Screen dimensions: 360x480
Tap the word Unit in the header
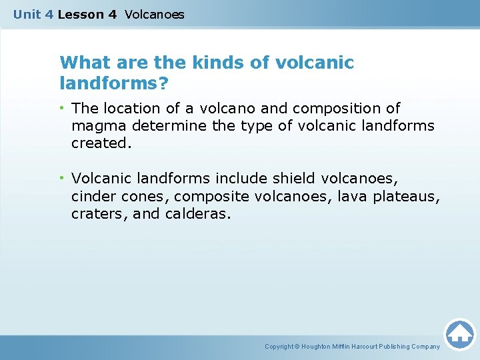pyautogui.click(x=27, y=14)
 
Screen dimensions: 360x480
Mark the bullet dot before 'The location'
pyautogui.click(x=63, y=108)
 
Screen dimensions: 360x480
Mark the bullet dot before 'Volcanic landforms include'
pyautogui.click(x=63, y=179)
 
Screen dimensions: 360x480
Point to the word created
pyautogui.click(x=99, y=143)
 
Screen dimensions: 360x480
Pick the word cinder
pyautogui.click(x=93, y=196)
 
